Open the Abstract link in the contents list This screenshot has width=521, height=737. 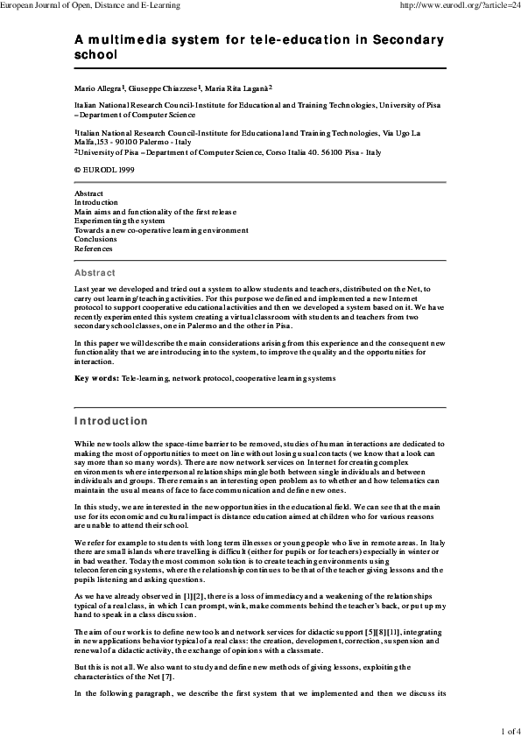(88, 193)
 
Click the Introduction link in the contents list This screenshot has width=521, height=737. (96, 202)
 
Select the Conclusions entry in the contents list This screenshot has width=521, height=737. (95, 239)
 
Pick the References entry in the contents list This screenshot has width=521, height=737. (93, 249)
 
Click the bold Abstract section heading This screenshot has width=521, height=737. (95, 273)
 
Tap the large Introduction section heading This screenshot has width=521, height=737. (110, 421)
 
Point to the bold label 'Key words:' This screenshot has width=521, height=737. (96, 377)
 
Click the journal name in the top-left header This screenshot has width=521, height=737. (90, 5)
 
